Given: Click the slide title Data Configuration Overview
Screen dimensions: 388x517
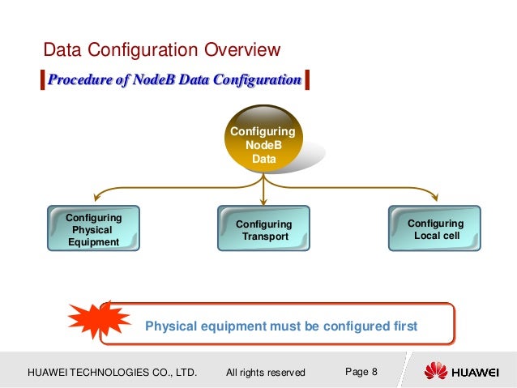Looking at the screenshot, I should (161, 50).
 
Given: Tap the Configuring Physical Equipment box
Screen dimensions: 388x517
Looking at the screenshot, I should (93, 229).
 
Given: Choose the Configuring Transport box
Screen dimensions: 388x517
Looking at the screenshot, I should (263, 230).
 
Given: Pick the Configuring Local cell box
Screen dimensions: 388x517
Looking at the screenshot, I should (435, 228).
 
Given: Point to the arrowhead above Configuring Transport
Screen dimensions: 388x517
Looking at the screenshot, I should (264, 199).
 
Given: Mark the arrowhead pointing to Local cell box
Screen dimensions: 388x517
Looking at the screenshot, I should (435, 195).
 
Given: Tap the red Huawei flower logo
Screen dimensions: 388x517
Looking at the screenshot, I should (435, 371).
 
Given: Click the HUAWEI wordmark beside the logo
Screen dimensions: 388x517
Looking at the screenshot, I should (475, 372).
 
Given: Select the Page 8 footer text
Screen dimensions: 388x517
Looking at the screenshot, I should (361, 372).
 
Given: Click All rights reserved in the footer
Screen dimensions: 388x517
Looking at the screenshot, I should (266, 373).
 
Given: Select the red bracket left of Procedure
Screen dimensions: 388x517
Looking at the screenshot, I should (42, 80).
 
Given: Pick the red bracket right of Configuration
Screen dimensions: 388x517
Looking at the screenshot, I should (308, 80).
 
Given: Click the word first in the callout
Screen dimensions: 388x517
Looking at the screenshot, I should (402, 326).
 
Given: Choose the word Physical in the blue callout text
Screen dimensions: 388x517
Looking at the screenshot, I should (171, 326).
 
